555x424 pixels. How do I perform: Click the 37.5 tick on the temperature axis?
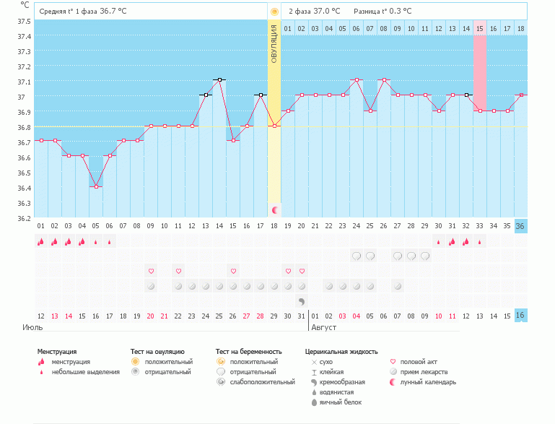tap(24, 21)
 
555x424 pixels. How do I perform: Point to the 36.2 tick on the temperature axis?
tap(24, 218)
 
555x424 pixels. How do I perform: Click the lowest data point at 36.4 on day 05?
tap(96, 186)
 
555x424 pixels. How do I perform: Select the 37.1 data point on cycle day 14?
tap(219, 79)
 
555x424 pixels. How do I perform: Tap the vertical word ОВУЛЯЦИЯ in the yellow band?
tap(274, 43)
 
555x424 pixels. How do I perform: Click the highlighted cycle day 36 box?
tap(521, 225)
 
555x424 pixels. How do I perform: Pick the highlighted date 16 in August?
tap(521, 316)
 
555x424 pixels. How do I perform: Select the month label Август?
tap(323, 327)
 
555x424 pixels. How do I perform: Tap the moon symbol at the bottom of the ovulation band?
tap(275, 209)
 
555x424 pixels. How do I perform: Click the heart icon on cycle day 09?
tap(151, 271)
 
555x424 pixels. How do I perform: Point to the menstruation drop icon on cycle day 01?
tap(41, 241)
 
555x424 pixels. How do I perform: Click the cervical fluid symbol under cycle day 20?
tap(302, 300)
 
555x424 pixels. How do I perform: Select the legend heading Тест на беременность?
tap(247, 352)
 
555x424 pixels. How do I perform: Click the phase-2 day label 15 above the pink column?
tap(479, 28)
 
